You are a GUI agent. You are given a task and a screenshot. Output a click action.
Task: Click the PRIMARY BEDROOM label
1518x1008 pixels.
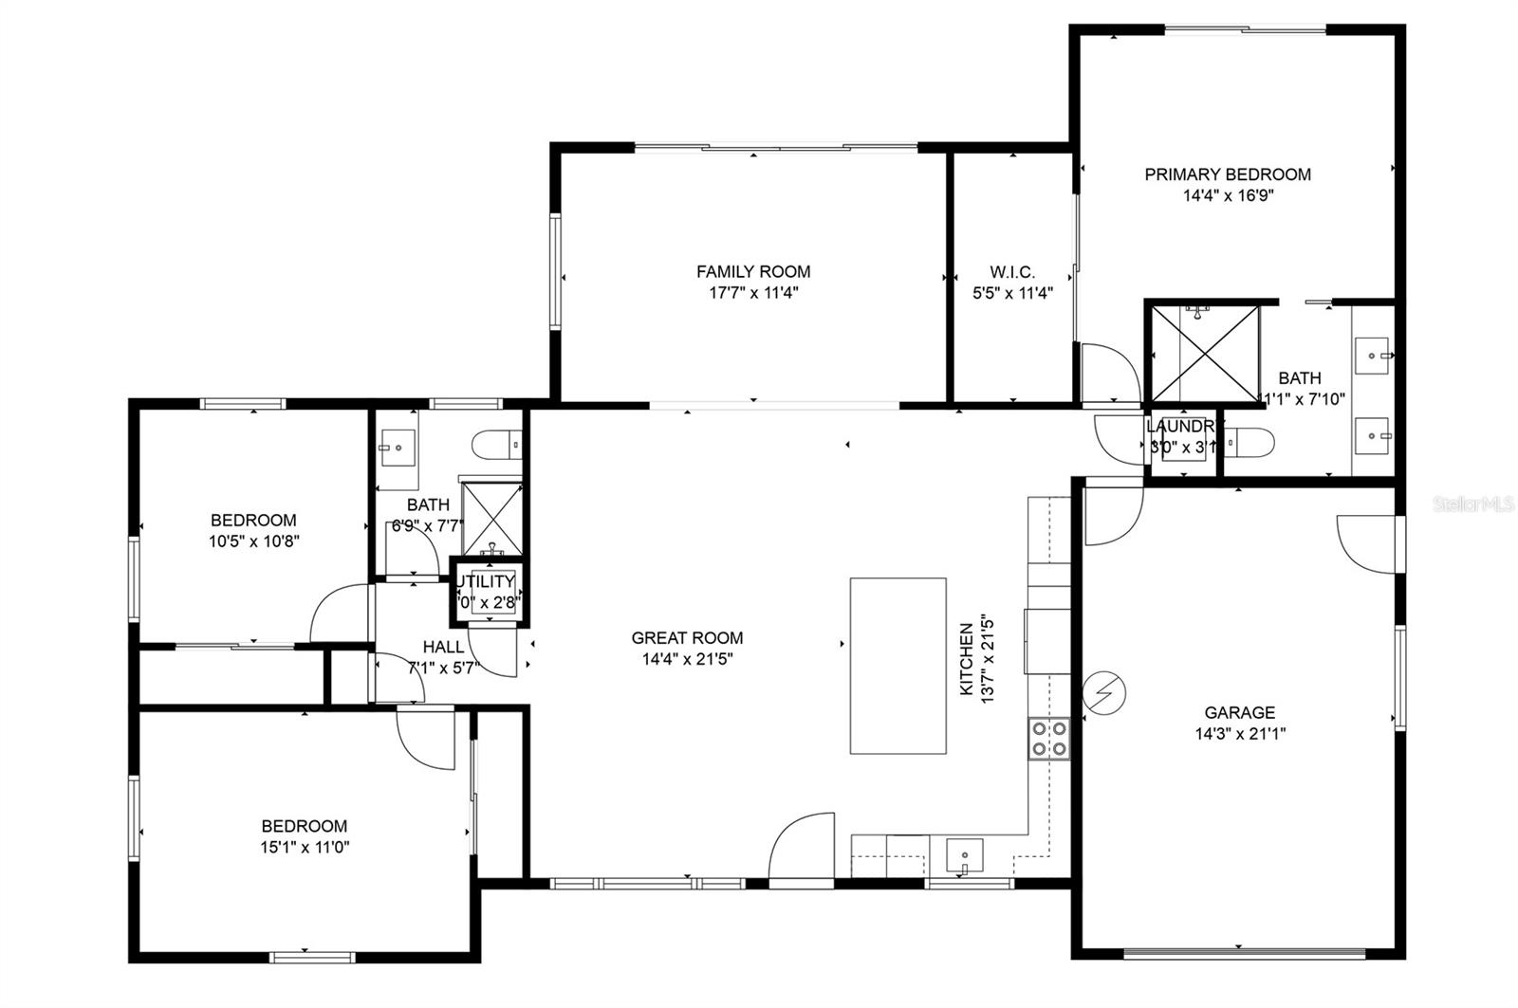1227,174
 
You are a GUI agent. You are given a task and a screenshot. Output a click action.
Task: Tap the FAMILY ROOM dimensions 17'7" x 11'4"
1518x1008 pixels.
753,293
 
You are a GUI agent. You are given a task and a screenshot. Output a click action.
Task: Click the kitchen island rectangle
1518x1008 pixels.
898,666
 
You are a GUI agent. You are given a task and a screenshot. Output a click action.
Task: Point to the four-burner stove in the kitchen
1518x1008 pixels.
1048,739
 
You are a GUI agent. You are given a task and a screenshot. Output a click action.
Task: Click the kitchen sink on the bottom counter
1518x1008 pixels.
964,856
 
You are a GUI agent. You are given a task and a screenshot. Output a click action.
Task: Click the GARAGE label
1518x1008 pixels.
1239,712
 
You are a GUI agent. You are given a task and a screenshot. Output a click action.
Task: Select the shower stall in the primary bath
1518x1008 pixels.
1202,353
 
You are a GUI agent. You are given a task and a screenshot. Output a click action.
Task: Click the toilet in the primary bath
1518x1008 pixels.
1249,442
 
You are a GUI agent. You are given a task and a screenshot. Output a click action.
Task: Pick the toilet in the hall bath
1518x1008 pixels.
497,443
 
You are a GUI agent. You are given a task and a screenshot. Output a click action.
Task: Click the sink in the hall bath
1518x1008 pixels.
398,446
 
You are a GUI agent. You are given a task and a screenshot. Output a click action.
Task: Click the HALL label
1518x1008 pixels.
443,647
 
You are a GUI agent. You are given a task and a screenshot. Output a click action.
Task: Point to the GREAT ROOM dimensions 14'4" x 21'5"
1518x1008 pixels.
687,660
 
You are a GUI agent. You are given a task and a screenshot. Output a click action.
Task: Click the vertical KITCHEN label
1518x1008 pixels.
967,659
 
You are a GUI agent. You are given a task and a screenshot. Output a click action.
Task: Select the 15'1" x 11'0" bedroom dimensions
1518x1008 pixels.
305,848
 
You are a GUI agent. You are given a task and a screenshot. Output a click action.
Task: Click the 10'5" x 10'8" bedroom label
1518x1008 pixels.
253,520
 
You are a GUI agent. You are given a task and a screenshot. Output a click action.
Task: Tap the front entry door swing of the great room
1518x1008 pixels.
802,849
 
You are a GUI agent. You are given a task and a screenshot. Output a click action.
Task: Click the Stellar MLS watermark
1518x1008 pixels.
1473,504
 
